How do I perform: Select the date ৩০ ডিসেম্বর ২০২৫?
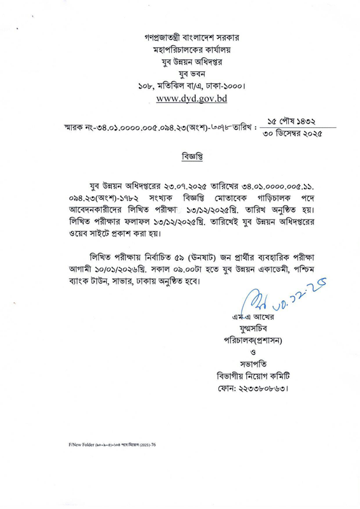click(x=293, y=134)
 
